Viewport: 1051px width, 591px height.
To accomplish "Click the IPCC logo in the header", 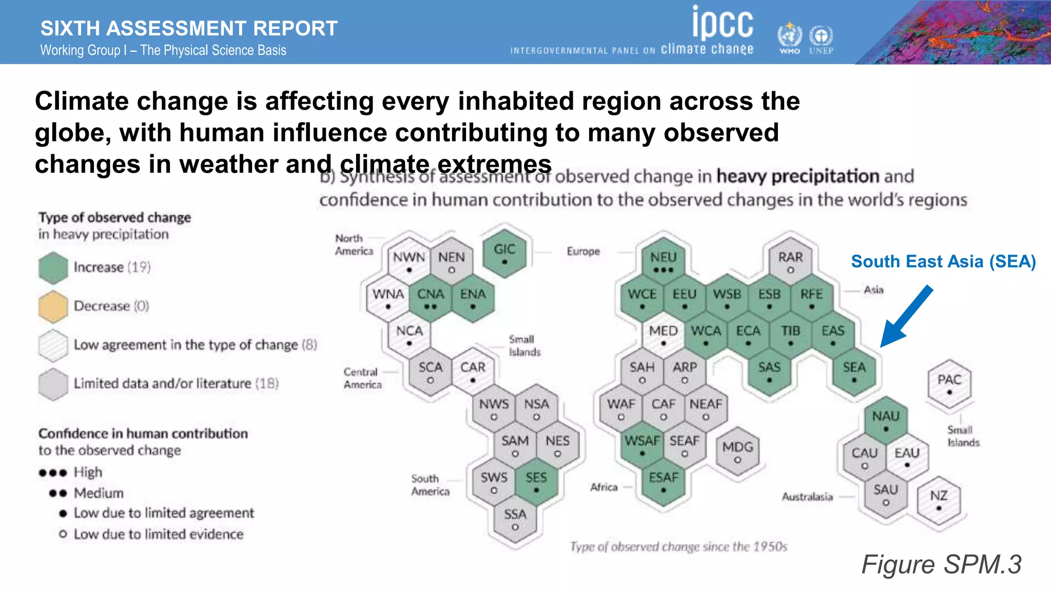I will click(x=723, y=23).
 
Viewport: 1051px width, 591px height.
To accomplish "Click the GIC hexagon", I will click(x=504, y=253).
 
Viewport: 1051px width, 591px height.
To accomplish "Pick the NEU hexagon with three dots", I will click(x=663, y=262).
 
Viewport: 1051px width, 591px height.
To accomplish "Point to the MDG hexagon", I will click(x=737, y=451).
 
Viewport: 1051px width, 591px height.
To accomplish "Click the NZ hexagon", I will click(x=939, y=500).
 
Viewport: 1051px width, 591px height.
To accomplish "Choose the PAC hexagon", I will click(x=949, y=384).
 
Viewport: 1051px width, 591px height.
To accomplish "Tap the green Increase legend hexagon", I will click(x=53, y=268).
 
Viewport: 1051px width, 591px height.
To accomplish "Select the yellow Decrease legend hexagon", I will click(x=53, y=306).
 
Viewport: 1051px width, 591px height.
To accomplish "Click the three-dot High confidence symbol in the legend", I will click(x=53, y=472).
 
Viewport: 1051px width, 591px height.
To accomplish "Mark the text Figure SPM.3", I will click(x=941, y=564).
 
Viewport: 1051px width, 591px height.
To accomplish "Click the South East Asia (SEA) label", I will click(x=943, y=262).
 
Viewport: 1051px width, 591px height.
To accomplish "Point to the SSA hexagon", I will click(x=515, y=518).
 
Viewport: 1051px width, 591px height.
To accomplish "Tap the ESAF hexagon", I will click(x=663, y=482).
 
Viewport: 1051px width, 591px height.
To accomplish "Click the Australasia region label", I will click(x=807, y=497).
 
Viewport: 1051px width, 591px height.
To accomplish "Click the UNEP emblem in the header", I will click(x=821, y=38).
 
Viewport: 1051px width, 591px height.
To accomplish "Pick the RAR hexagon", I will click(x=790, y=261).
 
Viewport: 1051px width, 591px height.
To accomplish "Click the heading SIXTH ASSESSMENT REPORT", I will click(x=189, y=28).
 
